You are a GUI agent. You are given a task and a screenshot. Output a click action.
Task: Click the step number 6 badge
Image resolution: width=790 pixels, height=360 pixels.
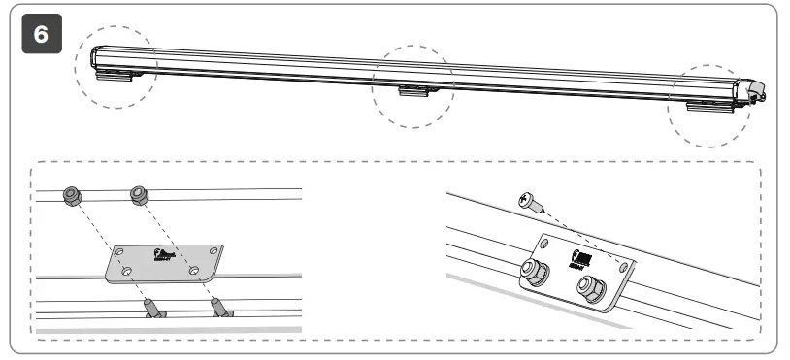click(40, 33)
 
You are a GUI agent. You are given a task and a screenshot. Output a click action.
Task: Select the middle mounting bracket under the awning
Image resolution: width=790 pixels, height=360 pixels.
click(413, 91)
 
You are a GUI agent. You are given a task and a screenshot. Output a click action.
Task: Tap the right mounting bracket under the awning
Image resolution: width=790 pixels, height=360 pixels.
click(706, 104)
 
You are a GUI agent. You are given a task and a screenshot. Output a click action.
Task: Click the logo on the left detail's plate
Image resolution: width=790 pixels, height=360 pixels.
click(160, 256)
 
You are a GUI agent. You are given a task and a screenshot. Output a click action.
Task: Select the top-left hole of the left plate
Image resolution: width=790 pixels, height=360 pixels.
click(119, 251)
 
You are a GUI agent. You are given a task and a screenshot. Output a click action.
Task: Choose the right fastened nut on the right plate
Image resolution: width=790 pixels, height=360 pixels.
click(588, 286)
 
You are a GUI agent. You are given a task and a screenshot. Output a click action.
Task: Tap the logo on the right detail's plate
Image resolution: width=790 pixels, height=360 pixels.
click(573, 257)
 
